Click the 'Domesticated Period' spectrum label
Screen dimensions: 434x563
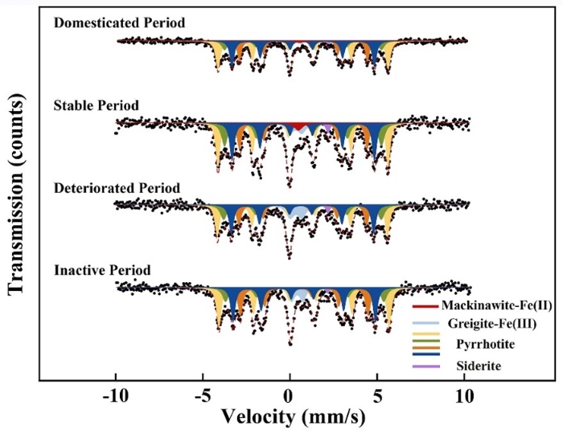tap(119, 23)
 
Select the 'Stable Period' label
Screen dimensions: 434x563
tap(97, 105)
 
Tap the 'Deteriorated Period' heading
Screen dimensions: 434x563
tap(117, 188)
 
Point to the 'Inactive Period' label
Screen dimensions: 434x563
tap(101, 268)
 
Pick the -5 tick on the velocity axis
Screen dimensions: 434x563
tap(205, 397)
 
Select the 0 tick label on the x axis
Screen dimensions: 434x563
tap(290, 397)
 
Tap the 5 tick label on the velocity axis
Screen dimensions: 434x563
tap(376, 397)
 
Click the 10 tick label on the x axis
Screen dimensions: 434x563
tap(462, 397)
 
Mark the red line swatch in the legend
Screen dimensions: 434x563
tap(425, 306)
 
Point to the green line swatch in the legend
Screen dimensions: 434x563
tap(425, 343)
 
